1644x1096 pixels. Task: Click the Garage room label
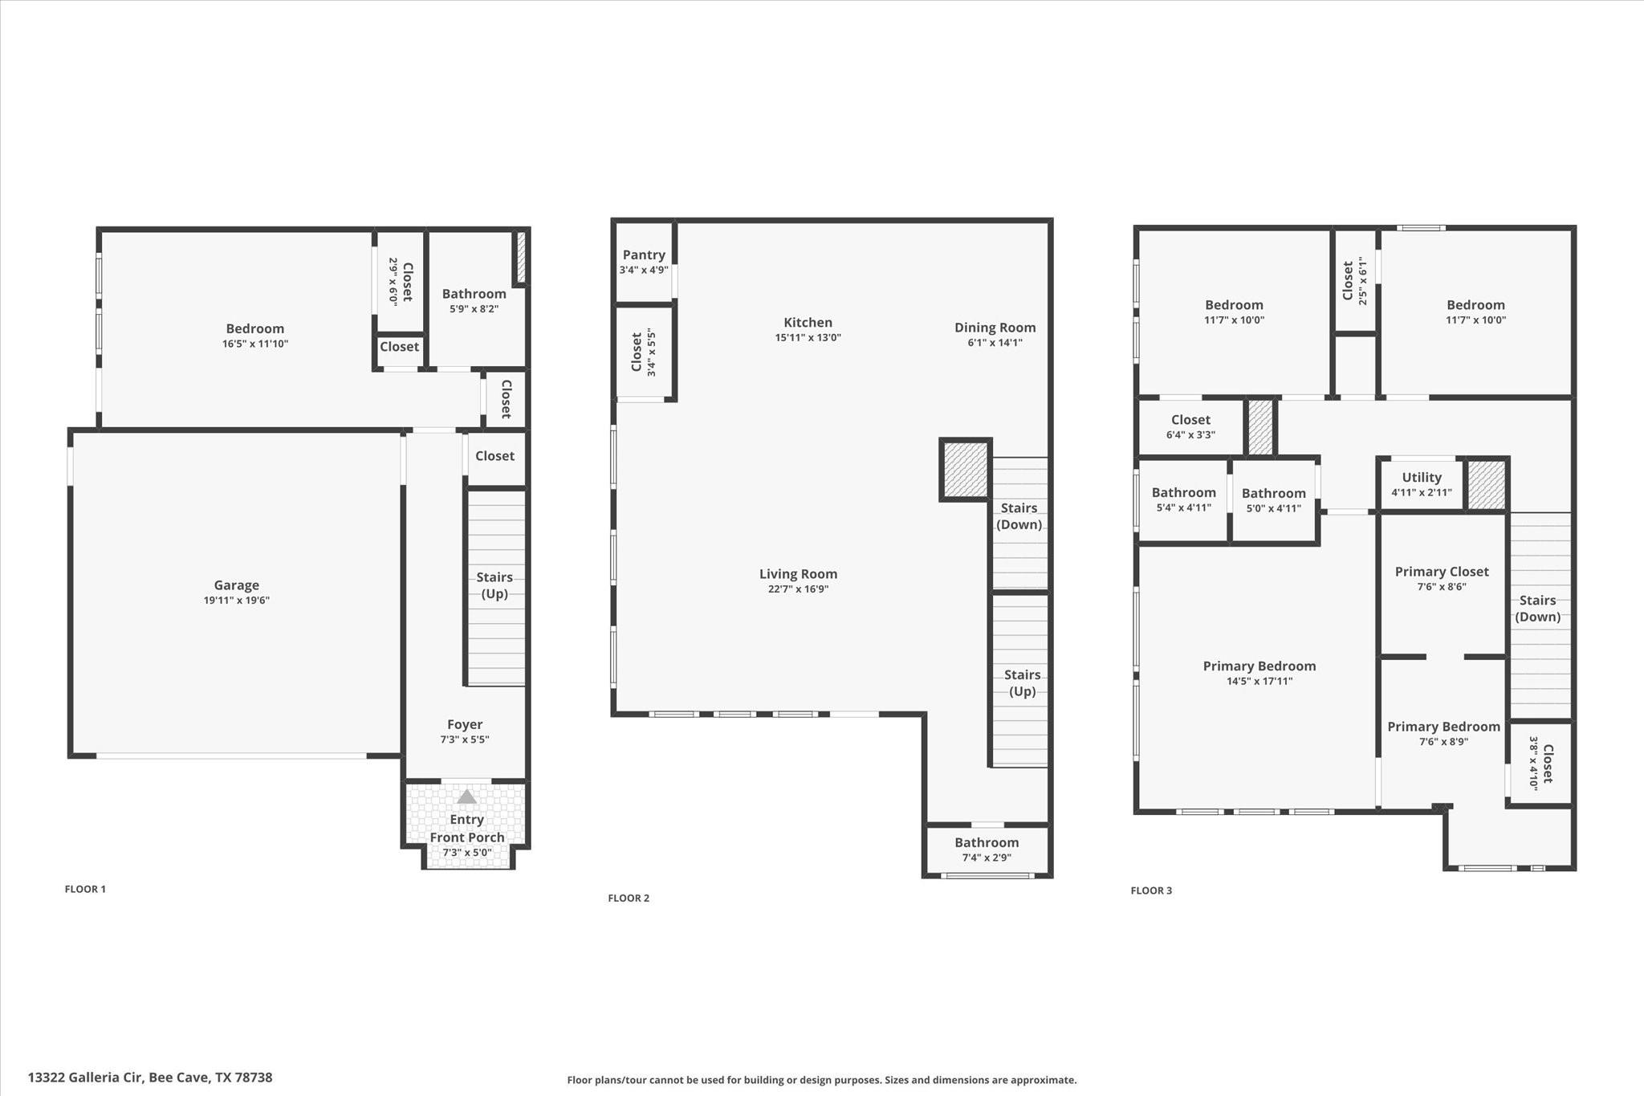tap(236, 585)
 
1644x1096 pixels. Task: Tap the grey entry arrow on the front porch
tap(466, 797)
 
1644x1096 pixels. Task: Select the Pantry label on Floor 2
tap(644, 255)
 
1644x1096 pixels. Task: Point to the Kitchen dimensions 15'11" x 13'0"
tap(808, 338)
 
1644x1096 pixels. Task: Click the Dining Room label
tap(995, 328)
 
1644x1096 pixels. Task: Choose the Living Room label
tap(798, 574)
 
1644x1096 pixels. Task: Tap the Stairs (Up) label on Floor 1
tap(494, 585)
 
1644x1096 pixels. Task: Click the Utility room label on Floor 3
tap(1422, 477)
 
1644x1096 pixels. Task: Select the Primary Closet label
tap(1442, 572)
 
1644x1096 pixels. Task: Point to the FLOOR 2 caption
tap(629, 898)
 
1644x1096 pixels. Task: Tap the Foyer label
tap(465, 724)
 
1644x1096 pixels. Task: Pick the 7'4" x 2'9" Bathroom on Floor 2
tap(987, 850)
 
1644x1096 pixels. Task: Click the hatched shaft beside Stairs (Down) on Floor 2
tap(965, 470)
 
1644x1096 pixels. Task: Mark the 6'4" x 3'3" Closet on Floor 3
tap(1190, 426)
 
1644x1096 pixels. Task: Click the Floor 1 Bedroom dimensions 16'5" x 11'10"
tap(255, 344)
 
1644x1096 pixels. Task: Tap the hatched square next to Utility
tap(1487, 484)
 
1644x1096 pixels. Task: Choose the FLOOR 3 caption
tap(1151, 890)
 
